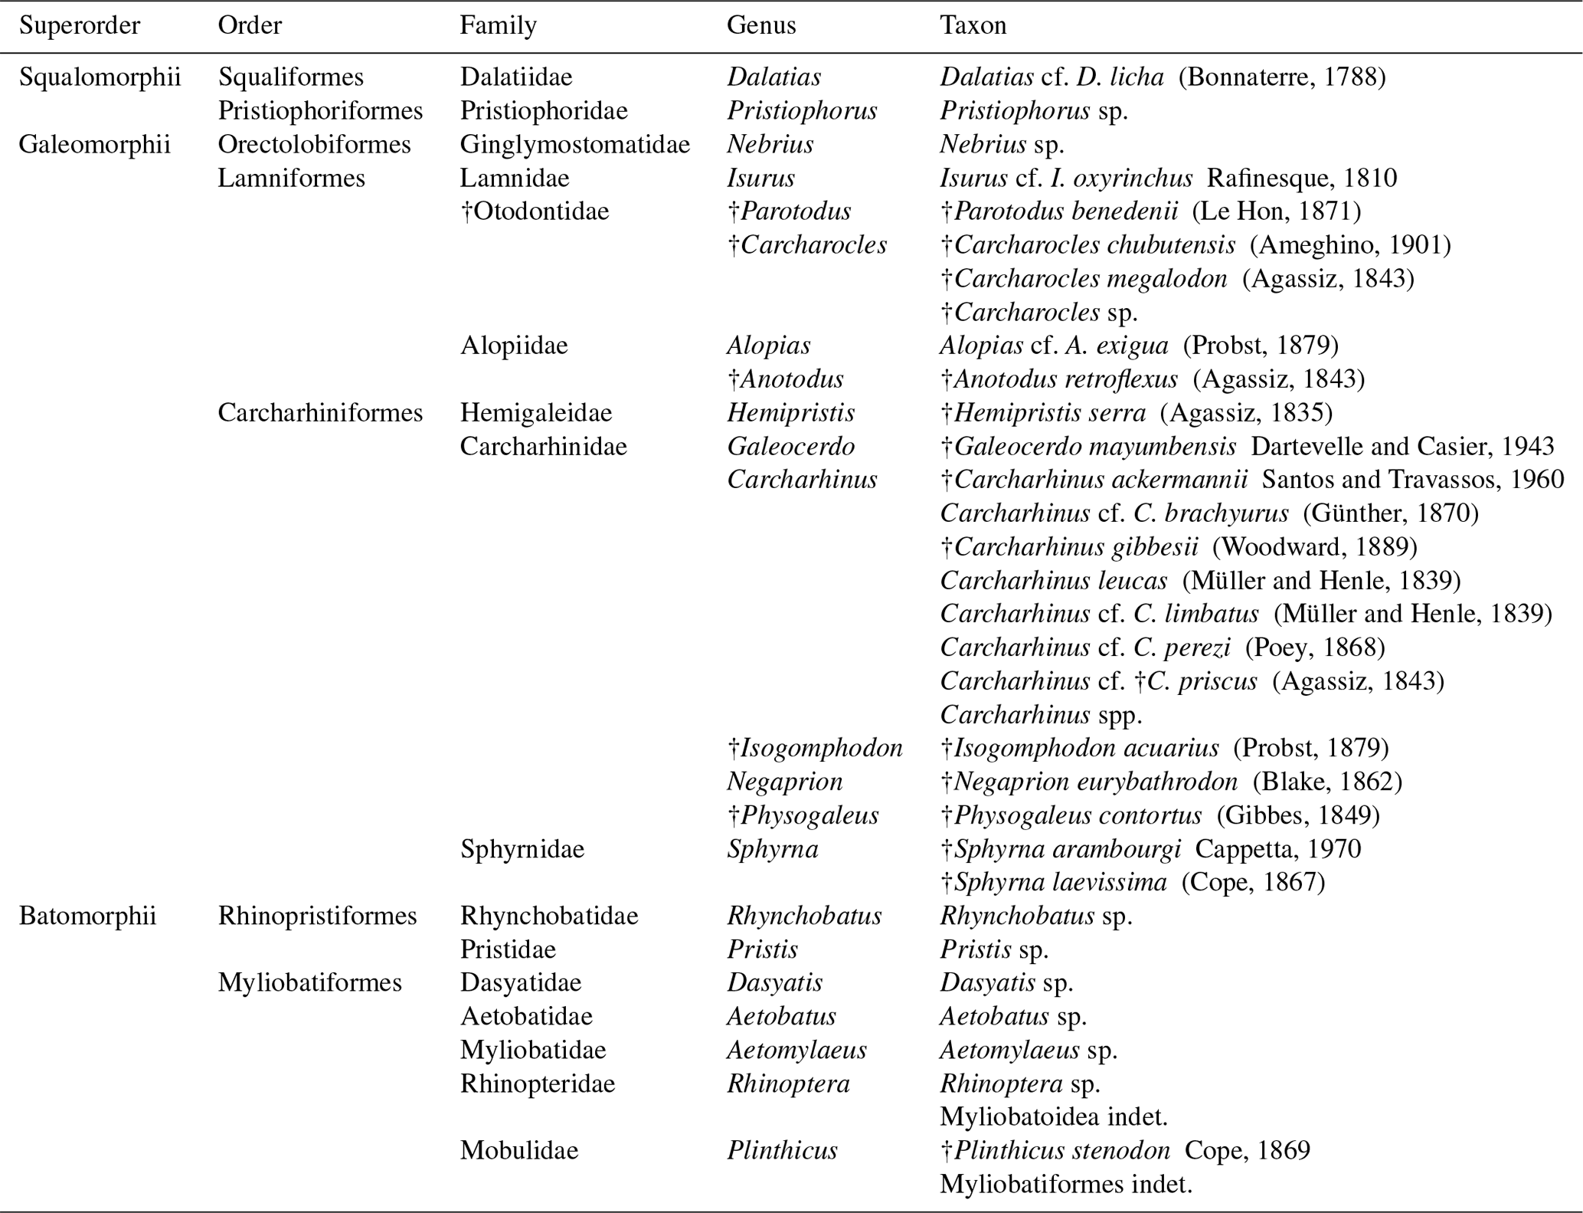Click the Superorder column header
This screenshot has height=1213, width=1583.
click(80, 25)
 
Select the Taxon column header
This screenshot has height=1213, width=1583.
click(973, 25)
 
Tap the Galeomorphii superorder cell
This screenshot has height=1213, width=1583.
click(94, 144)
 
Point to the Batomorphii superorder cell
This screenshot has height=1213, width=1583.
click(87, 916)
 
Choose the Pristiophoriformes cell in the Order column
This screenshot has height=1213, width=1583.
click(320, 110)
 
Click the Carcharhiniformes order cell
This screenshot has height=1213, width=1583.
click(320, 413)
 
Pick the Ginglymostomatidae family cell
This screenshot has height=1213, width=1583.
click(574, 144)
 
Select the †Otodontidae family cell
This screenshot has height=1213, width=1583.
click(535, 211)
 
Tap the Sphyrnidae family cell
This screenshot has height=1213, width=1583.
click(522, 849)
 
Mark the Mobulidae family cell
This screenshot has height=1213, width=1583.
click(519, 1151)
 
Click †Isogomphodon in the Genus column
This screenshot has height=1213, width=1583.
click(815, 748)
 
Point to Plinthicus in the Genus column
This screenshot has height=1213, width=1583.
click(782, 1151)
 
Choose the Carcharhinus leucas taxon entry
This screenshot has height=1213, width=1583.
click(1054, 581)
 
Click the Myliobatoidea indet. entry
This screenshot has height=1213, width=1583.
click(1054, 1117)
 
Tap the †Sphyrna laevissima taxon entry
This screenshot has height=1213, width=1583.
click(1054, 883)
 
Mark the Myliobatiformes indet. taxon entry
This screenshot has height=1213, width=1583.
click(1066, 1185)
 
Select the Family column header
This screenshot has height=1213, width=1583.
click(498, 25)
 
